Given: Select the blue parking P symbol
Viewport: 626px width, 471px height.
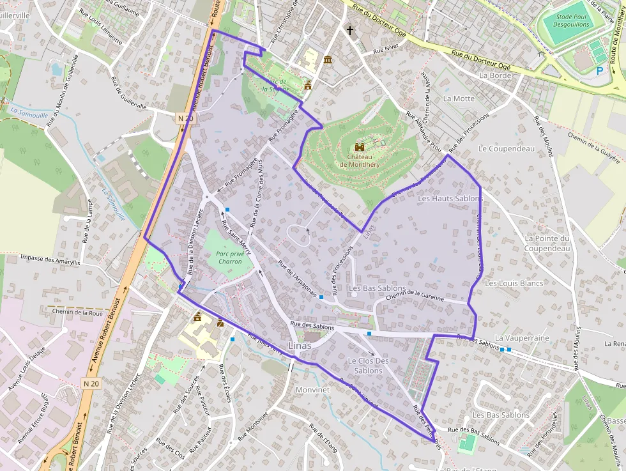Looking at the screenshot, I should click(600, 72).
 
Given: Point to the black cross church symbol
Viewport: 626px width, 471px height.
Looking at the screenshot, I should click(349, 30).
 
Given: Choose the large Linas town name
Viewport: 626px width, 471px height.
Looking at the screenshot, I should click(300, 346).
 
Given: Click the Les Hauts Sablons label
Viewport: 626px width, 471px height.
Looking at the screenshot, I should click(450, 199).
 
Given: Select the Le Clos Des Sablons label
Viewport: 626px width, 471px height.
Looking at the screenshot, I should click(368, 366).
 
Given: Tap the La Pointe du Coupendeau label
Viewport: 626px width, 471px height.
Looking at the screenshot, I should click(546, 243).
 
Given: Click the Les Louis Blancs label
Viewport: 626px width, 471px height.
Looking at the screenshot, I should click(514, 283).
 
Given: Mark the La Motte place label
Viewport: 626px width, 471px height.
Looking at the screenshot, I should click(459, 98).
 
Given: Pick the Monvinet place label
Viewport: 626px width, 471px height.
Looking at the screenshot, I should click(312, 389).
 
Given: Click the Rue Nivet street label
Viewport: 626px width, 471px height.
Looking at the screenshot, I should click(385, 49).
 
